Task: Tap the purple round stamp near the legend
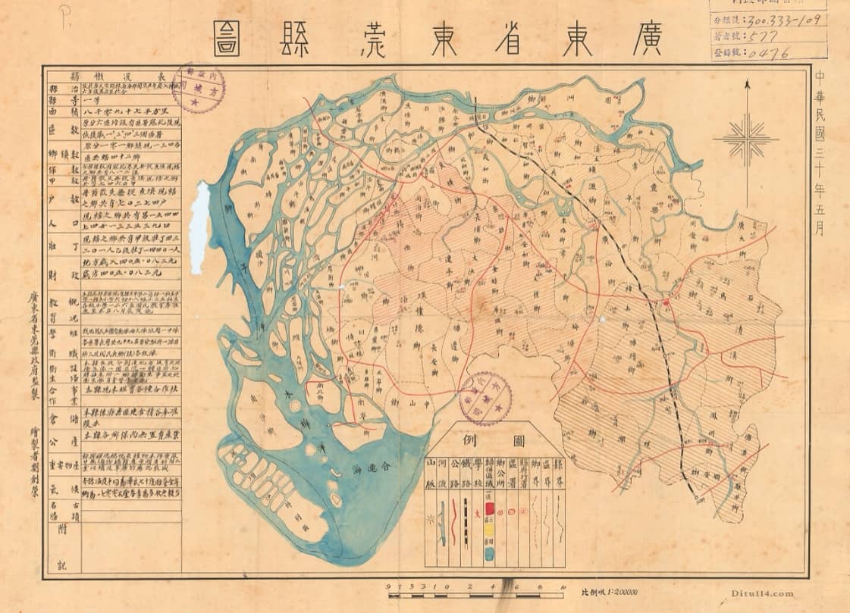pyautogui.click(x=486, y=398)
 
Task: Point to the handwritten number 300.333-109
pyautogui.click(x=786, y=20)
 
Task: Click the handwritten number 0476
pyautogui.click(x=767, y=53)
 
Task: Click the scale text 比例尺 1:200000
pyautogui.click(x=609, y=592)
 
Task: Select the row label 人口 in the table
pyautogui.click(x=64, y=224)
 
